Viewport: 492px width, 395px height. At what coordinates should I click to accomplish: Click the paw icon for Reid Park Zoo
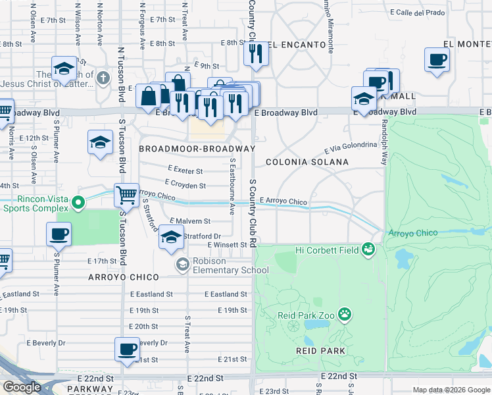345,315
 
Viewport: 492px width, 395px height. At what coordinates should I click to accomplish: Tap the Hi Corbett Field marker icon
368,249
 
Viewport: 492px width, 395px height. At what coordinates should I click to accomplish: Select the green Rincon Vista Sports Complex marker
78,201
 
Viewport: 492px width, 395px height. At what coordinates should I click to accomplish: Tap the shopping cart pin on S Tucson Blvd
126,195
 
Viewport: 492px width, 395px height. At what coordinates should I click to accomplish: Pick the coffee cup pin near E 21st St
127,349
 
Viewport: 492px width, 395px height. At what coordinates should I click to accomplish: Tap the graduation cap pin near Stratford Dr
171,237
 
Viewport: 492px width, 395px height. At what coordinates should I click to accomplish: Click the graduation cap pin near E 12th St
99,142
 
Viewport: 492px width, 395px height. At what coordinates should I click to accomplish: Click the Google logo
22,387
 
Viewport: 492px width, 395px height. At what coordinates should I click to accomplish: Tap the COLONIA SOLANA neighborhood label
307,161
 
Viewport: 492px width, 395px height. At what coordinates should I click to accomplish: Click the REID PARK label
320,351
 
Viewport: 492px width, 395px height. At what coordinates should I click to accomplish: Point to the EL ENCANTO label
297,45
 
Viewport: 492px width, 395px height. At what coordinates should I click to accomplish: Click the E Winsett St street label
226,245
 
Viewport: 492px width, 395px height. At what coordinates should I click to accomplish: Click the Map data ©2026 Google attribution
451,390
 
